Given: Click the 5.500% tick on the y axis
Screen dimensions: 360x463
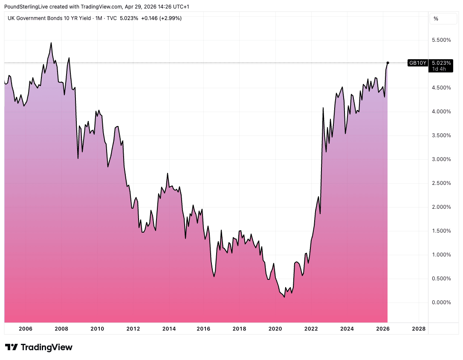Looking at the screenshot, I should pyautogui.click(x=441, y=40).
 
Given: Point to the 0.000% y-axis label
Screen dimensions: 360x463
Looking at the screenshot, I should pyautogui.click(x=441, y=302).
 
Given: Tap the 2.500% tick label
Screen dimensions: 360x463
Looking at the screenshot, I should pyautogui.click(x=441, y=183).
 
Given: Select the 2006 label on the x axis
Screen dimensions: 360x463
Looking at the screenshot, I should pyautogui.click(x=26, y=328).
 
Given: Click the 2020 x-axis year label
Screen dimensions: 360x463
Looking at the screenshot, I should pyautogui.click(x=275, y=328).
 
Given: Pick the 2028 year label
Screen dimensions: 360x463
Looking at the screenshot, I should pyautogui.click(x=419, y=328).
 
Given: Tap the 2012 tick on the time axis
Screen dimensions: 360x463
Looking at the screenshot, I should pyautogui.click(x=133, y=328).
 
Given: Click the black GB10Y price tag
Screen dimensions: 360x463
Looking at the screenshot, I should pyautogui.click(x=417, y=63).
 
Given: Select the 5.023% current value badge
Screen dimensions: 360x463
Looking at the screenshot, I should pyautogui.click(x=441, y=63).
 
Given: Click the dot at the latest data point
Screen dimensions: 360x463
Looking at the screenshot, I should pyautogui.click(x=388, y=63).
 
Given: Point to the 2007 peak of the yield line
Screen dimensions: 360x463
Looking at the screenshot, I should pyautogui.click(x=51, y=43).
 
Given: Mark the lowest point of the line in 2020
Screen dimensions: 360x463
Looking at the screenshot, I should pyautogui.click(x=284, y=297).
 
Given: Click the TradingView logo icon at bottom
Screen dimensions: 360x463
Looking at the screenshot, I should pyautogui.click(x=12, y=347).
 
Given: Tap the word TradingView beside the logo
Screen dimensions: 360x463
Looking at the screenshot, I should pyautogui.click(x=46, y=347).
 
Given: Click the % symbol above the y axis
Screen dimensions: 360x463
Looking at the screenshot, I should pyautogui.click(x=436, y=18).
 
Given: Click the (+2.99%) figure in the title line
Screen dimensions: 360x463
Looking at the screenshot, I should pyautogui.click(x=170, y=18).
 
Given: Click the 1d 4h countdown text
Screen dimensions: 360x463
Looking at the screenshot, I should pyautogui.click(x=439, y=69).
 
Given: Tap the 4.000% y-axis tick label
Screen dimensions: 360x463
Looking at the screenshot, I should pyautogui.click(x=441, y=112).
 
